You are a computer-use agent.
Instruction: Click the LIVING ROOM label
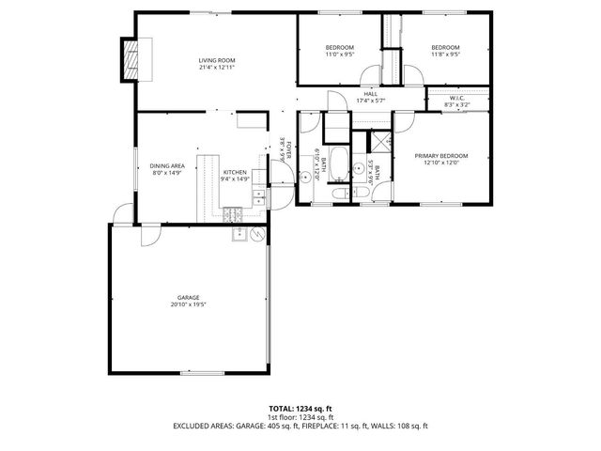(x=216, y=60)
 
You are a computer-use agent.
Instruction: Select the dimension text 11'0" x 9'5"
(x=340, y=54)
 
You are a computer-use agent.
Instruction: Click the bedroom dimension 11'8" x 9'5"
(x=445, y=54)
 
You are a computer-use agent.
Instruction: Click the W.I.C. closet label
(x=457, y=98)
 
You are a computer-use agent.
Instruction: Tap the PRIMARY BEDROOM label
(x=440, y=156)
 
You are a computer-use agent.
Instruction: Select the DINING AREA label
(x=168, y=166)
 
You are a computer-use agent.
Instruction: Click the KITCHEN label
(x=234, y=172)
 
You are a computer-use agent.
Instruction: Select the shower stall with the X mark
(x=380, y=142)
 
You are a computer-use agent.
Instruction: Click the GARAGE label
(x=189, y=297)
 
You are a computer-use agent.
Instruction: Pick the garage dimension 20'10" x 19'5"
(x=189, y=304)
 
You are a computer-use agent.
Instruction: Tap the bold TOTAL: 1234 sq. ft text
(x=300, y=409)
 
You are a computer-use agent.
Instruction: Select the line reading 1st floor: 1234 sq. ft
(x=300, y=417)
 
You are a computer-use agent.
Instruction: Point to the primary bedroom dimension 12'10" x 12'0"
(x=440, y=163)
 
